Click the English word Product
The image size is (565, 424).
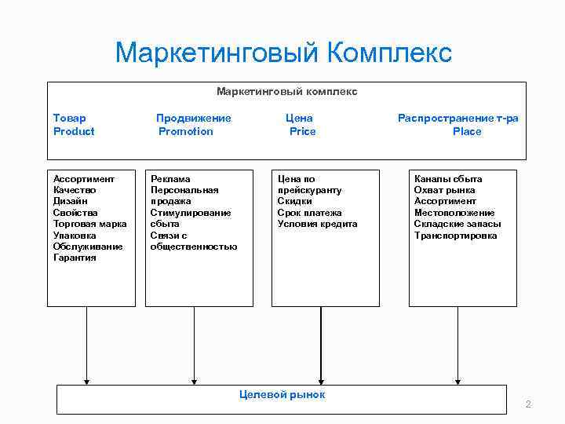tap(74, 131)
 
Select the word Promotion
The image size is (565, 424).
tap(186, 131)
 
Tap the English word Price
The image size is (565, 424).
tap(302, 131)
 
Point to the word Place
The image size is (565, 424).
tap(467, 131)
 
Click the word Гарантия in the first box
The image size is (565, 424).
tap(75, 258)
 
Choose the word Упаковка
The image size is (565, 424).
tap(75, 235)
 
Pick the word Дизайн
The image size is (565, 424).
tap(71, 201)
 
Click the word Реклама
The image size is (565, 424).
tap(170, 179)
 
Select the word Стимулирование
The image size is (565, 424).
tap(191, 213)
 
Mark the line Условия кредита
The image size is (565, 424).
tap(317, 224)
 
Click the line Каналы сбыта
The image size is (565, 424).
tap(448, 179)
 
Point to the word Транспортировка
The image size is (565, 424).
tap(455, 235)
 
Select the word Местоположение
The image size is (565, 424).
tap(454, 213)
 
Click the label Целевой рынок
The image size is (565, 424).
tap(282, 394)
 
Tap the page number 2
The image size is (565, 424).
tap(528, 404)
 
